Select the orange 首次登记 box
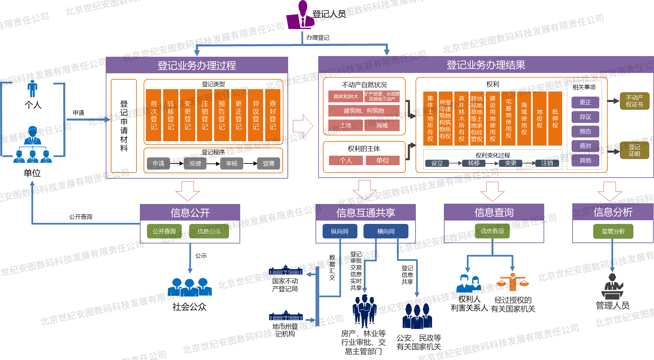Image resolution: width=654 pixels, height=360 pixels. tap(154, 115)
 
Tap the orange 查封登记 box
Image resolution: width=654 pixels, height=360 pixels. tap(273, 115)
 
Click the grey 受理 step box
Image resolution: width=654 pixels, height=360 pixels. tap(195, 163)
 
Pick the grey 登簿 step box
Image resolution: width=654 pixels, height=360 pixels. tap(268, 163)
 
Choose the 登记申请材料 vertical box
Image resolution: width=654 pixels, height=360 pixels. tap(124, 126)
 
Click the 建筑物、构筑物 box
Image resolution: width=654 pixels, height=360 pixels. tap(364, 111)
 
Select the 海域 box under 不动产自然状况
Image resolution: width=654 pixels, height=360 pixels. tap(382, 125)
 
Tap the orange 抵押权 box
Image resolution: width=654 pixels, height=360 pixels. tap(555, 118)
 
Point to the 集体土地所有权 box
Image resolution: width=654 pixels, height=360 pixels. tap(430, 118)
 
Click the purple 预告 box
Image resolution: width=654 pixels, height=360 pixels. tap(585, 131)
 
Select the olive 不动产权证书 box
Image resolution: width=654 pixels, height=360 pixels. tap(634, 101)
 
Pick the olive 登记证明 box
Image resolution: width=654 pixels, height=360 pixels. tap(634, 150)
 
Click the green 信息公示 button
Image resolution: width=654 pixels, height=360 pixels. tap(209, 231)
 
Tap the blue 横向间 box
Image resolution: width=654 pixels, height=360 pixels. tap(386, 231)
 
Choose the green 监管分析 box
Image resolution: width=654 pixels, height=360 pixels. tap(613, 231)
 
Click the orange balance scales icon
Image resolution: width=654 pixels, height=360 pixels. tap(513, 282)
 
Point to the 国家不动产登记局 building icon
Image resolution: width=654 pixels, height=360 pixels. tap(285, 270)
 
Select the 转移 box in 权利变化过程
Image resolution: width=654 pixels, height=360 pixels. tap(474, 163)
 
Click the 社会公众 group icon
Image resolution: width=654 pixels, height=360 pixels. tap(190, 287)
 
